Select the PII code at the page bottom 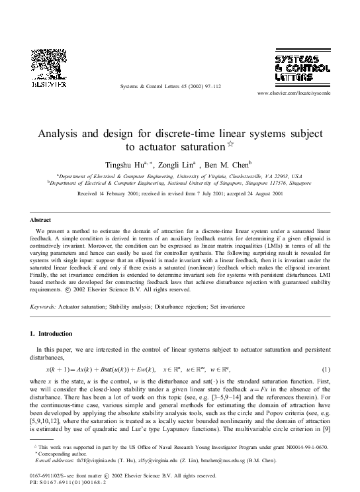click(x=72, y=482)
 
